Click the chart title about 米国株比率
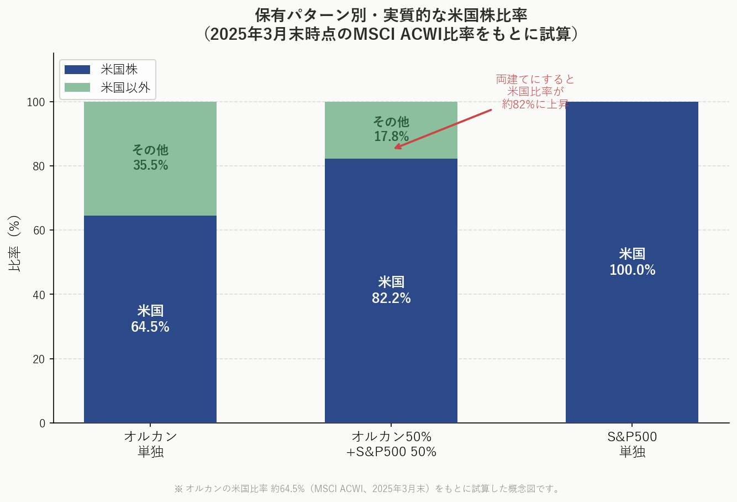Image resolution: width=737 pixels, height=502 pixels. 391,24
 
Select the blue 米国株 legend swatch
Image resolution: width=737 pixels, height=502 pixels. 77,70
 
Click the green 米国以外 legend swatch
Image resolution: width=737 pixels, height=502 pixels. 77,87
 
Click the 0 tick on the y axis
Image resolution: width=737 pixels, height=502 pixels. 42,423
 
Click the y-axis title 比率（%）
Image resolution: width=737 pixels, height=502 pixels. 15,243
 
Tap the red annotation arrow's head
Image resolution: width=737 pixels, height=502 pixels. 396,148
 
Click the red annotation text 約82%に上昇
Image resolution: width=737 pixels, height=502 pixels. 535,104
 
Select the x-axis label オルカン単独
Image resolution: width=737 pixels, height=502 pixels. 150,444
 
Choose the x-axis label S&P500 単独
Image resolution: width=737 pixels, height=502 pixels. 632,444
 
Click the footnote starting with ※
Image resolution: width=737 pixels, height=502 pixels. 368,489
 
